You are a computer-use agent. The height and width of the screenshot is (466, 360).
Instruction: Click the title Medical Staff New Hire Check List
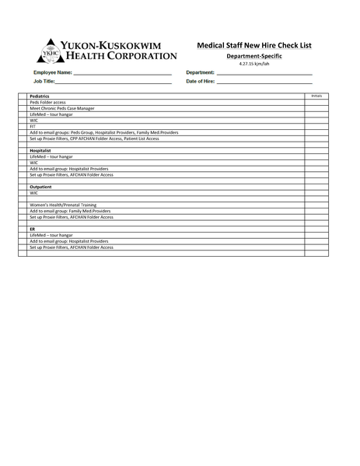[254, 46]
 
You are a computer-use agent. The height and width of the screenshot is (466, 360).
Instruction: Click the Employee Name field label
[52, 72]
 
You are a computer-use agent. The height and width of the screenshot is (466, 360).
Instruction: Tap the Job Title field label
[44, 81]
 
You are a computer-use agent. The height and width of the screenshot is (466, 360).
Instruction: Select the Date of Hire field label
[201, 81]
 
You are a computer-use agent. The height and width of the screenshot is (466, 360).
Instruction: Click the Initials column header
[316, 96]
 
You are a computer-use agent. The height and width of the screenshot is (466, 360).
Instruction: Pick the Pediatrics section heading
[40, 96]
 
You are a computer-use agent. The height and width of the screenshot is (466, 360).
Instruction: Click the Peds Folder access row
[48, 102]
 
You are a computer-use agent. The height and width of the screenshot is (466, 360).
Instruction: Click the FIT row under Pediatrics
[33, 127]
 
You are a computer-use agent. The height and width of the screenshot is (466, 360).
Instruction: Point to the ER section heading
[33, 229]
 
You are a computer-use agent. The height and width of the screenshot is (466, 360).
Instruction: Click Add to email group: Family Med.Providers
[70, 211]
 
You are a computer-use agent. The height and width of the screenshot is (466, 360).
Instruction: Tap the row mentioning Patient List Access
[94, 138]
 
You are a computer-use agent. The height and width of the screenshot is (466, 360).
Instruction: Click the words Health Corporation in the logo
[121, 55]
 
